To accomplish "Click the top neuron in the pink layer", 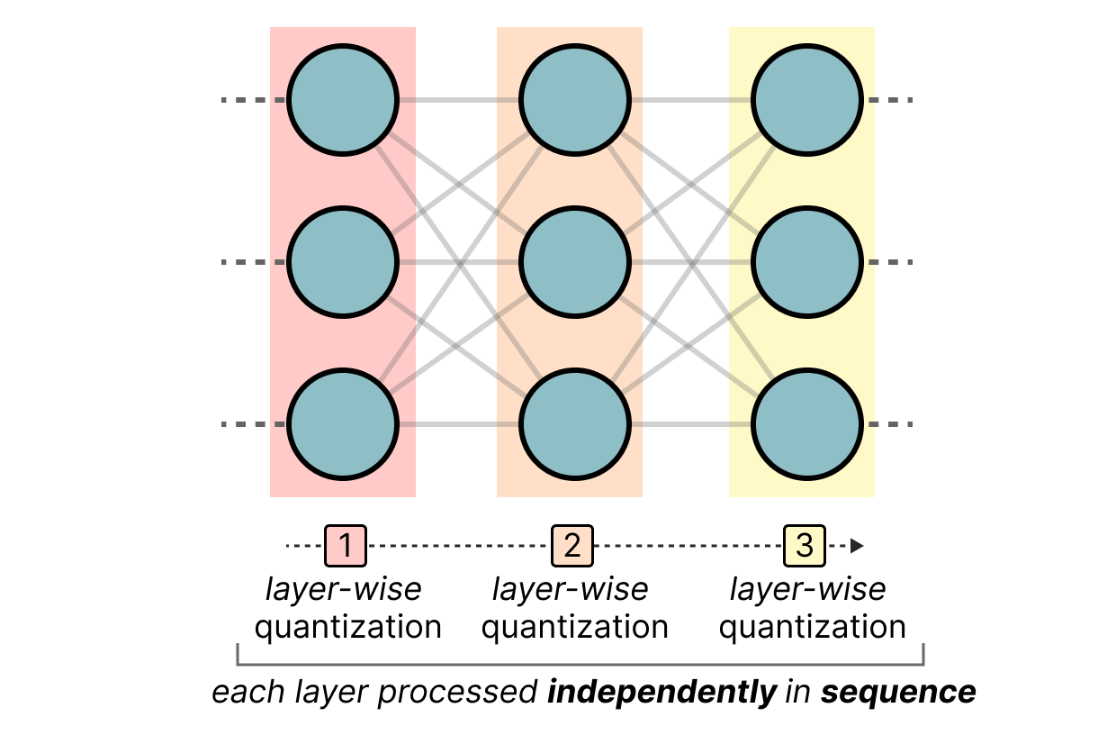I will pyautogui.click(x=343, y=100).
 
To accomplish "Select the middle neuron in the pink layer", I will pyautogui.click(x=343, y=262).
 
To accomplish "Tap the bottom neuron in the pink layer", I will pyautogui.click(x=343, y=424).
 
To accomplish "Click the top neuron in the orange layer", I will pyautogui.click(x=575, y=100).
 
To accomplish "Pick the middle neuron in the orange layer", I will pyautogui.click(x=575, y=262).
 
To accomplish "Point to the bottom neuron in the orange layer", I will pyautogui.click(x=575, y=424).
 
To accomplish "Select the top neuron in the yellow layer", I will pyautogui.click(x=807, y=100).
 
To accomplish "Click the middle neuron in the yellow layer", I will pyautogui.click(x=807, y=262).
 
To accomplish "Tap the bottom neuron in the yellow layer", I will pyautogui.click(x=807, y=424).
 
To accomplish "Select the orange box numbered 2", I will pyautogui.click(x=573, y=546).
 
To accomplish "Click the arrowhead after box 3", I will pyautogui.click(x=857, y=546).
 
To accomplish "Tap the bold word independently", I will pyautogui.click(x=662, y=693).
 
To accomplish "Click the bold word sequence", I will pyautogui.click(x=898, y=693).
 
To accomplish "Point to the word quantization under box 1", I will pyautogui.click(x=347, y=627).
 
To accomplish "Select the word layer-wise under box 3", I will pyautogui.click(x=807, y=590).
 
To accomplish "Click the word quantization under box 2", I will pyautogui.click(x=574, y=627).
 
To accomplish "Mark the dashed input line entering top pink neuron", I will pyautogui.click(x=253, y=100).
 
